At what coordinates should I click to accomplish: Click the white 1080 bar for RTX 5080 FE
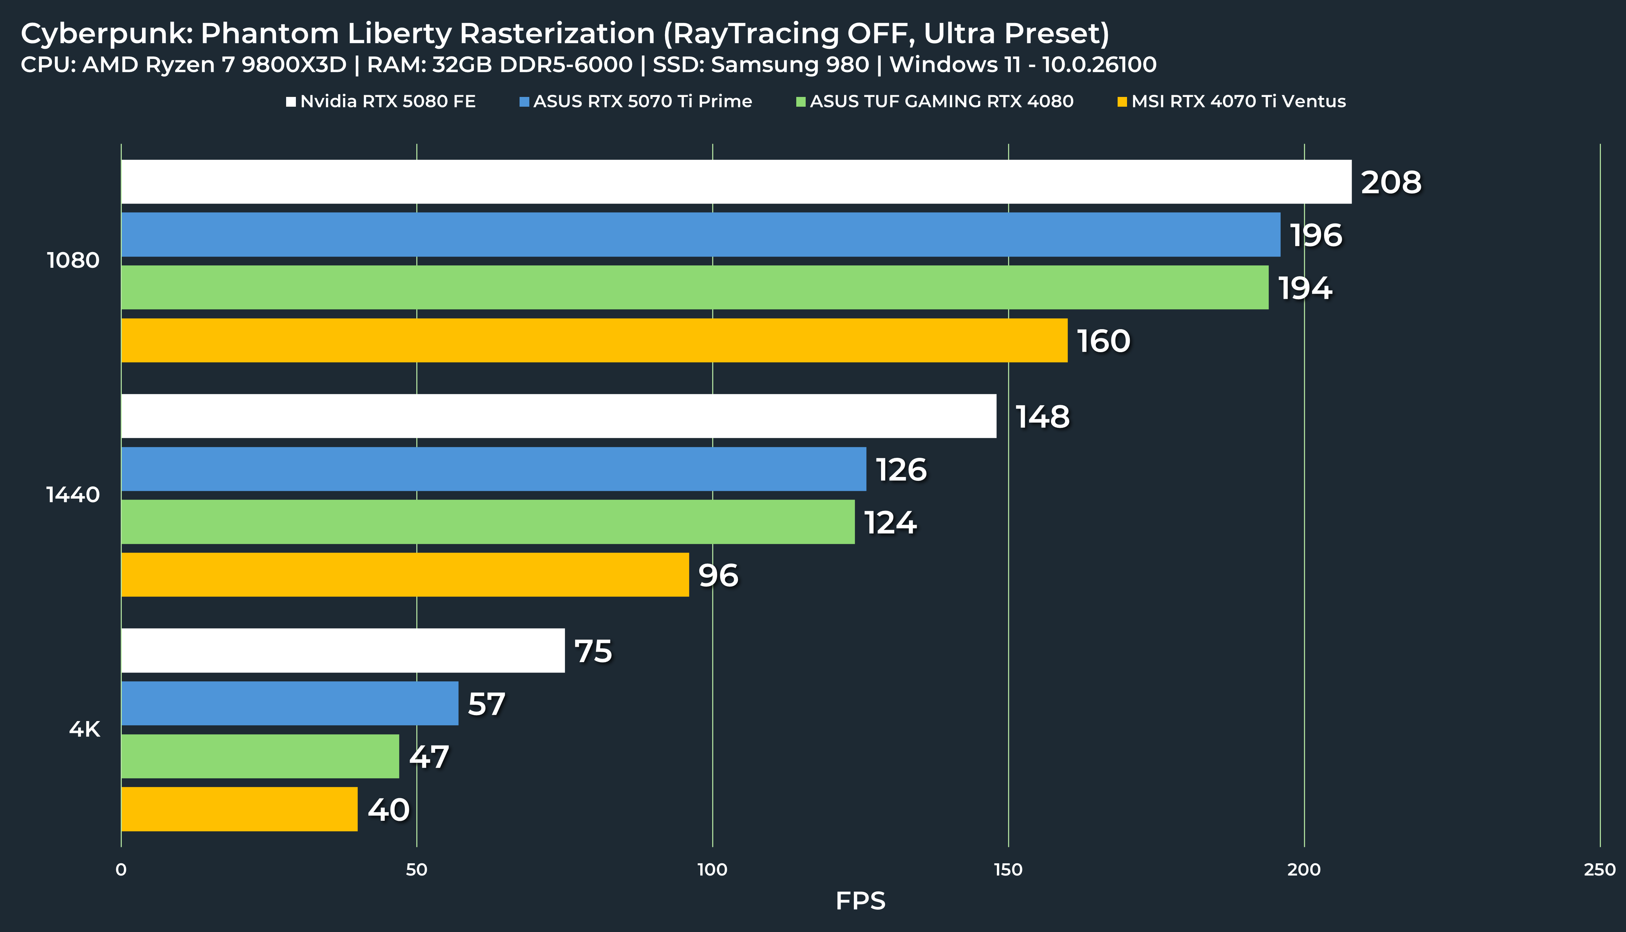(x=737, y=182)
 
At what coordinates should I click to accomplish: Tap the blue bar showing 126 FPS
(x=494, y=469)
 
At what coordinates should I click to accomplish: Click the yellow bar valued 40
(x=239, y=809)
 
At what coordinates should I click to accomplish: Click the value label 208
(x=1391, y=182)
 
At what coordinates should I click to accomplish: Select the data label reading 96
(x=718, y=575)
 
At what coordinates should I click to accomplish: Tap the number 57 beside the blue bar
(x=487, y=704)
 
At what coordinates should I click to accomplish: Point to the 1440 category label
(x=73, y=495)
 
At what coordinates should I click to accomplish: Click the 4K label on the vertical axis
(x=84, y=729)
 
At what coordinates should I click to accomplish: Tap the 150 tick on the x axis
(x=1008, y=869)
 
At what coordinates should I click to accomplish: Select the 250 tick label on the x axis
(x=1599, y=869)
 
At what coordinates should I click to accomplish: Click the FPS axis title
(x=860, y=901)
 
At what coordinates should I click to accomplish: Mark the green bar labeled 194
(x=695, y=287)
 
